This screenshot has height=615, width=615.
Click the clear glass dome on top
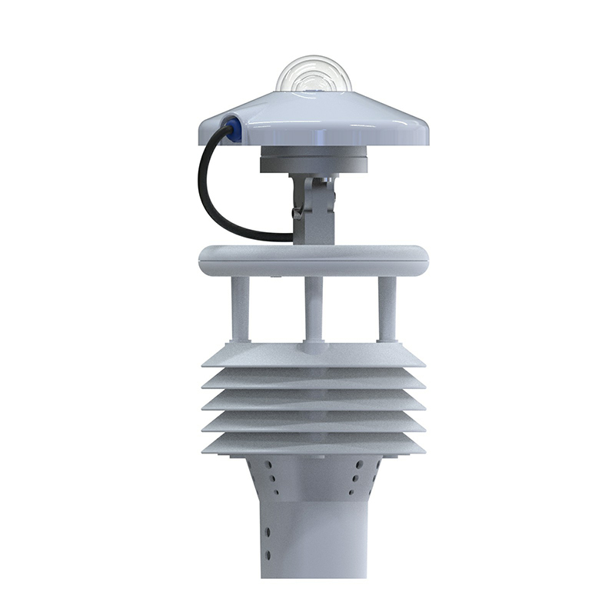coord(313,75)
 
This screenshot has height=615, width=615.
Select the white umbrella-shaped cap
coord(313,119)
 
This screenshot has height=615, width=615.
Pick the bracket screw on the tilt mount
coord(296,213)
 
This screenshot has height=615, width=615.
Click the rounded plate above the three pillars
coord(313,260)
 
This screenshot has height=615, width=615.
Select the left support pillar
coord(240,307)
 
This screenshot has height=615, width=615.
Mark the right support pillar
coord(387,307)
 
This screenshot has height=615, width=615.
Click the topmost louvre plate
coord(313,356)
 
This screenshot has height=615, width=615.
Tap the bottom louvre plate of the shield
coord(313,444)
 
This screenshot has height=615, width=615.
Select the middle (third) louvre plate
coord(313,401)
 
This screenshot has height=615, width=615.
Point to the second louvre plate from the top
coord(313,381)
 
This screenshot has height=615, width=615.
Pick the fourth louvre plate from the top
coord(313,423)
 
